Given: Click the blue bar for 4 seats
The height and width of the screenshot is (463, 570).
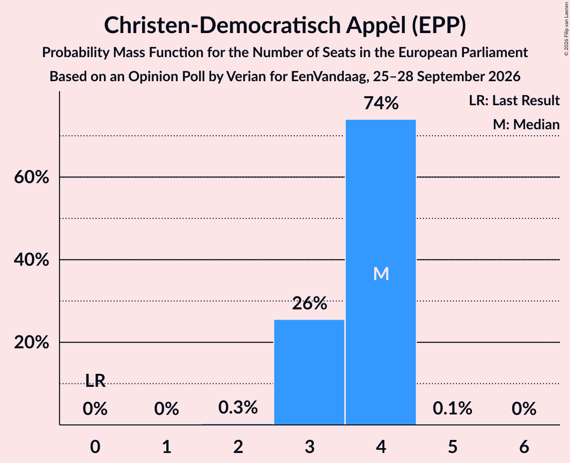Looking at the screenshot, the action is (x=381, y=272).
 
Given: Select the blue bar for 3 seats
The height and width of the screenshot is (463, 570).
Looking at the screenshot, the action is (x=309, y=372).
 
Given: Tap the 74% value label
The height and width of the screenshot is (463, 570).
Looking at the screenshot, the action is (x=381, y=103).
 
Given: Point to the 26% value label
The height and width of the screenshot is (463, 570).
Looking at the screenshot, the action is (x=309, y=303).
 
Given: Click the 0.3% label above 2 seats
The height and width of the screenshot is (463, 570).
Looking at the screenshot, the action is (x=238, y=407).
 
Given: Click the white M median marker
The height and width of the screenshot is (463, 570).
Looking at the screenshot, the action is (x=381, y=274).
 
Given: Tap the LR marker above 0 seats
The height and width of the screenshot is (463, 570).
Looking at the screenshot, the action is (x=95, y=381).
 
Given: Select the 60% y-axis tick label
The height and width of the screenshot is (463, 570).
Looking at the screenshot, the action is (x=32, y=177).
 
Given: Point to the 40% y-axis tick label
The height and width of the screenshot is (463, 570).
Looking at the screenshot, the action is (x=32, y=260).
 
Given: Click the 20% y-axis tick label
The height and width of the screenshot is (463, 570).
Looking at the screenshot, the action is (x=32, y=343).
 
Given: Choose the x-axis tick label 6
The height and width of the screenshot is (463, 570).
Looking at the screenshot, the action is (x=524, y=447).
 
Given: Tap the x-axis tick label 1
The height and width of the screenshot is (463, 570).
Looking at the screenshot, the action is (x=167, y=447).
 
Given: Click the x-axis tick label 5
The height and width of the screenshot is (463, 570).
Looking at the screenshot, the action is (x=452, y=447).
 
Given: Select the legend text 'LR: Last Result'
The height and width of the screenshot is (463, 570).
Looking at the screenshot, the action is (x=514, y=100).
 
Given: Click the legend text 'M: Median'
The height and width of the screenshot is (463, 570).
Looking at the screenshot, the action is (x=526, y=124).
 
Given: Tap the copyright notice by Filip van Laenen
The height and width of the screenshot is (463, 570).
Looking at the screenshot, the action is (x=566, y=29).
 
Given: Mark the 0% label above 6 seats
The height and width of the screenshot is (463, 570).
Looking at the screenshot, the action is (x=524, y=408).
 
